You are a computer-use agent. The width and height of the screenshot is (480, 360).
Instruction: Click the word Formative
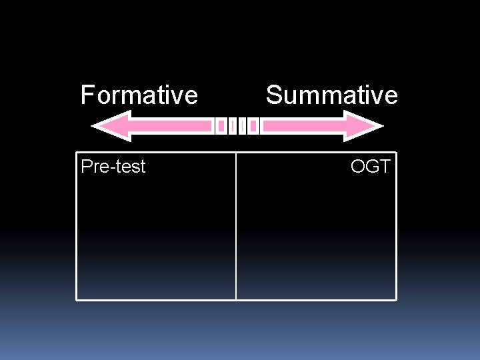click(139, 95)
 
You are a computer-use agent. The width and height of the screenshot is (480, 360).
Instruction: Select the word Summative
click(331, 95)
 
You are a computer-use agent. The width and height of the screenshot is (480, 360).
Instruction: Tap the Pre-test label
click(113, 167)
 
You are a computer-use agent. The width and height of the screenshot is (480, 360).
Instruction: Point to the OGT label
click(370, 167)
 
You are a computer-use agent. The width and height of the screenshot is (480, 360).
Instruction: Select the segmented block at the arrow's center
click(237, 126)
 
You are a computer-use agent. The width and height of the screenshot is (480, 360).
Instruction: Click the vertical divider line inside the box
click(236, 227)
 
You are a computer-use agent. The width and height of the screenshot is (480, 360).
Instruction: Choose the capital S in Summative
click(273, 95)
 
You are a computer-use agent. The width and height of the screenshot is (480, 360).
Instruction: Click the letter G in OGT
click(371, 167)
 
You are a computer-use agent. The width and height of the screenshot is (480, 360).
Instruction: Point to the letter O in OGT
click(358, 167)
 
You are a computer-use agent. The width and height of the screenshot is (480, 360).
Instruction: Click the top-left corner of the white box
click(77, 153)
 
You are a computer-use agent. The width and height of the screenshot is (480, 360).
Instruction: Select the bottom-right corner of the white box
click(396, 299)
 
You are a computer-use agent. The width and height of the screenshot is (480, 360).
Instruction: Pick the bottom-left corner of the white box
click(77, 299)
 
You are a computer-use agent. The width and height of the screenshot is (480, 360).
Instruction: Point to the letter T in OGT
click(384, 167)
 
